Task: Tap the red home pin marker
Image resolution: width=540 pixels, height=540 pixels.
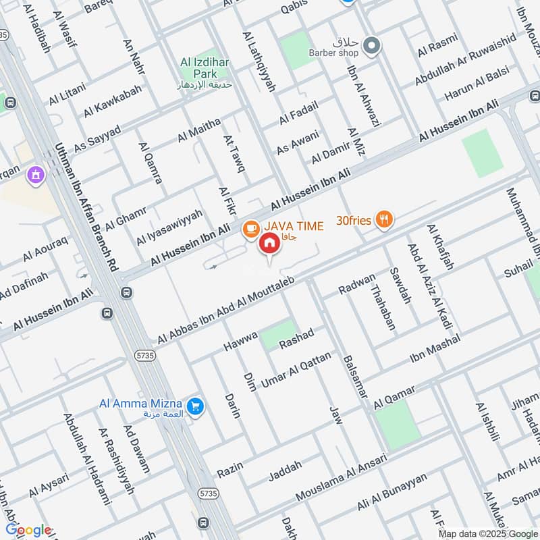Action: coord(269,244)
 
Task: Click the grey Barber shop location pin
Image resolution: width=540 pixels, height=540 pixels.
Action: coord(371,46)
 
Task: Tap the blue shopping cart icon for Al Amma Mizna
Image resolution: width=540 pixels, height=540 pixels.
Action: coord(196,406)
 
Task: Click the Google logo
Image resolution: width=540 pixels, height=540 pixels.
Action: coord(28,529)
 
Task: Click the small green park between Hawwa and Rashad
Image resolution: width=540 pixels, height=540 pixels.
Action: coord(278,335)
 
